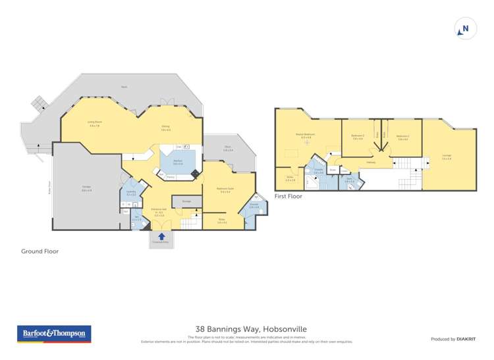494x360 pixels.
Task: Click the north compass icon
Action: [x=465, y=28]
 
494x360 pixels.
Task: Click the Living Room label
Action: [x=95, y=123]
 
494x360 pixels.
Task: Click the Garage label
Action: [x=86, y=188]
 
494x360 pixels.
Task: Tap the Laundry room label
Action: [x=131, y=192]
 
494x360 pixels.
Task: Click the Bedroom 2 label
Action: [x=358, y=137]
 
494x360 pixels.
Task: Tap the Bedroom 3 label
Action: [x=403, y=137]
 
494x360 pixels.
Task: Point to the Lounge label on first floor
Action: [x=447, y=157]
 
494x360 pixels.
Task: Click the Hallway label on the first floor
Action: [x=371, y=163]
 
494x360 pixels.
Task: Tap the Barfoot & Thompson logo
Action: [x=53, y=334]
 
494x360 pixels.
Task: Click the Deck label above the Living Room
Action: [x=124, y=87]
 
